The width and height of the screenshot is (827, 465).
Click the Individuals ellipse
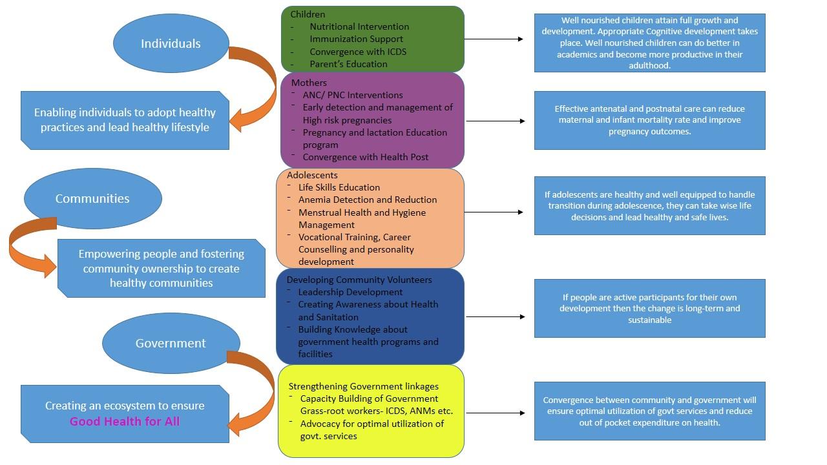tap(171, 43)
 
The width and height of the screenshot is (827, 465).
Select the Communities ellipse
tap(92, 198)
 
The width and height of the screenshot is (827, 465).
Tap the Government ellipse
tap(171, 343)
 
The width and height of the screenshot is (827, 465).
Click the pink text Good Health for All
tap(125, 422)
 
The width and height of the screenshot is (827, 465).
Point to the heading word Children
tap(308, 14)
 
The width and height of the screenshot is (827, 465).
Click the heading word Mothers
tap(309, 83)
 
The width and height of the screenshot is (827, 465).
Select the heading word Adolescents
tap(312, 175)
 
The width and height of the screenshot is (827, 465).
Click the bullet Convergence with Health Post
tap(365, 157)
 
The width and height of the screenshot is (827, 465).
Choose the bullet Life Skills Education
tap(339, 187)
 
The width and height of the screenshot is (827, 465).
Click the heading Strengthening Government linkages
tap(363, 386)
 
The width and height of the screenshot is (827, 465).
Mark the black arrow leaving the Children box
tap(494, 39)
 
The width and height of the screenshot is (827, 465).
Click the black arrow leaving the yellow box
tap(495, 413)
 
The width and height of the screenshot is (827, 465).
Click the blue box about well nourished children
tap(649, 43)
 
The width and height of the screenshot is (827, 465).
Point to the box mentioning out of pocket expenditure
tap(649, 411)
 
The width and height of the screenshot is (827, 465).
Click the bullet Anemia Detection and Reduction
tap(367, 200)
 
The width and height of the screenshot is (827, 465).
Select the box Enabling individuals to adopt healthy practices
tap(125, 120)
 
